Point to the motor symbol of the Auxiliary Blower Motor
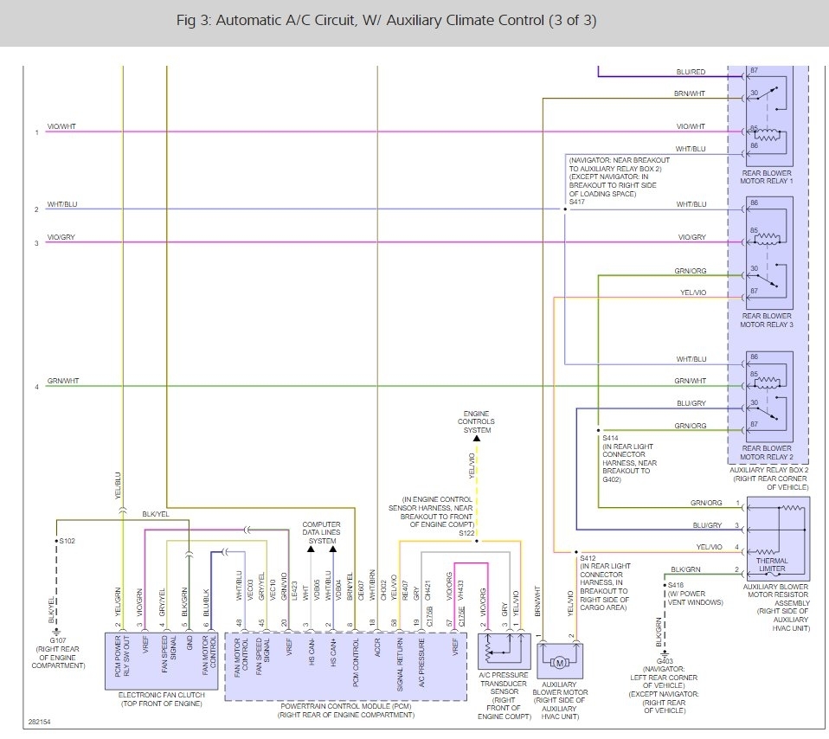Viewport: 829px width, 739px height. click(x=558, y=662)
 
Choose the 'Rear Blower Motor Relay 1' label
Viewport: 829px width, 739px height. click(x=767, y=177)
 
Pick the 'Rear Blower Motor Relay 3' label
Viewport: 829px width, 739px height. click(x=767, y=320)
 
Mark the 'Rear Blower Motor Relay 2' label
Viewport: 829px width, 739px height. click(x=767, y=452)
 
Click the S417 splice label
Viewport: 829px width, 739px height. click(x=577, y=202)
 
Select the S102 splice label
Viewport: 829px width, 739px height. click(x=67, y=541)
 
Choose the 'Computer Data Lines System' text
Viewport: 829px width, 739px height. click(x=321, y=532)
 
